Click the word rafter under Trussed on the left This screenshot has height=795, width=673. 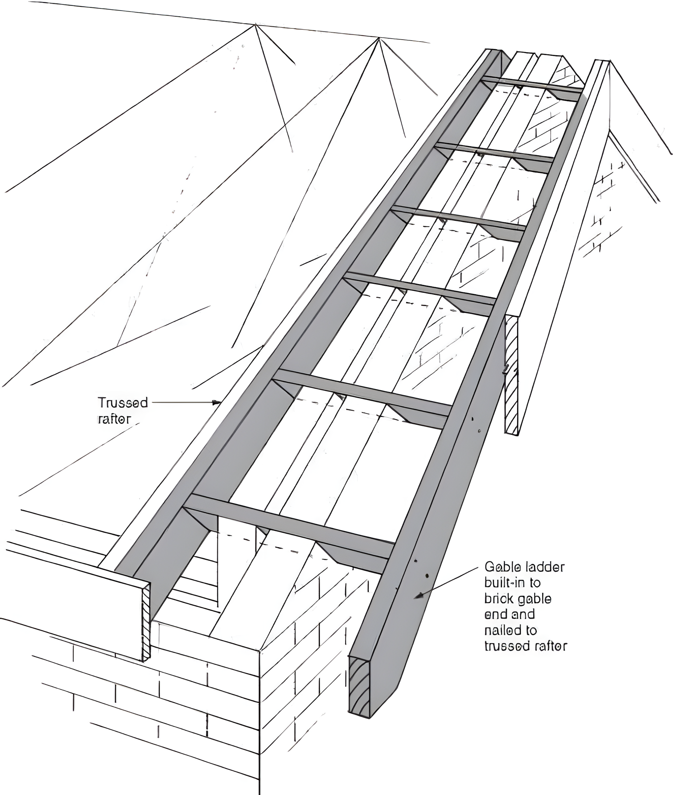point(115,419)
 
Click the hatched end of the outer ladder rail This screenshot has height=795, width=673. point(359,686)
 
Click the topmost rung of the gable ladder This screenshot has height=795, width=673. point(532,85)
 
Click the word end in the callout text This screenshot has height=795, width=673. point(493,615)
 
